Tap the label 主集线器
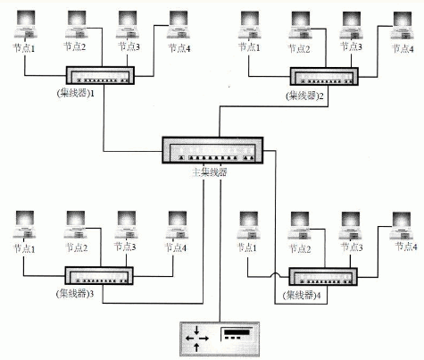coord(208,172)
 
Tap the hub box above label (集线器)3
coord(97,276)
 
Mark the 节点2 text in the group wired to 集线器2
coord(300,48)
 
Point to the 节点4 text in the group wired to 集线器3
coord(178,247)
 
